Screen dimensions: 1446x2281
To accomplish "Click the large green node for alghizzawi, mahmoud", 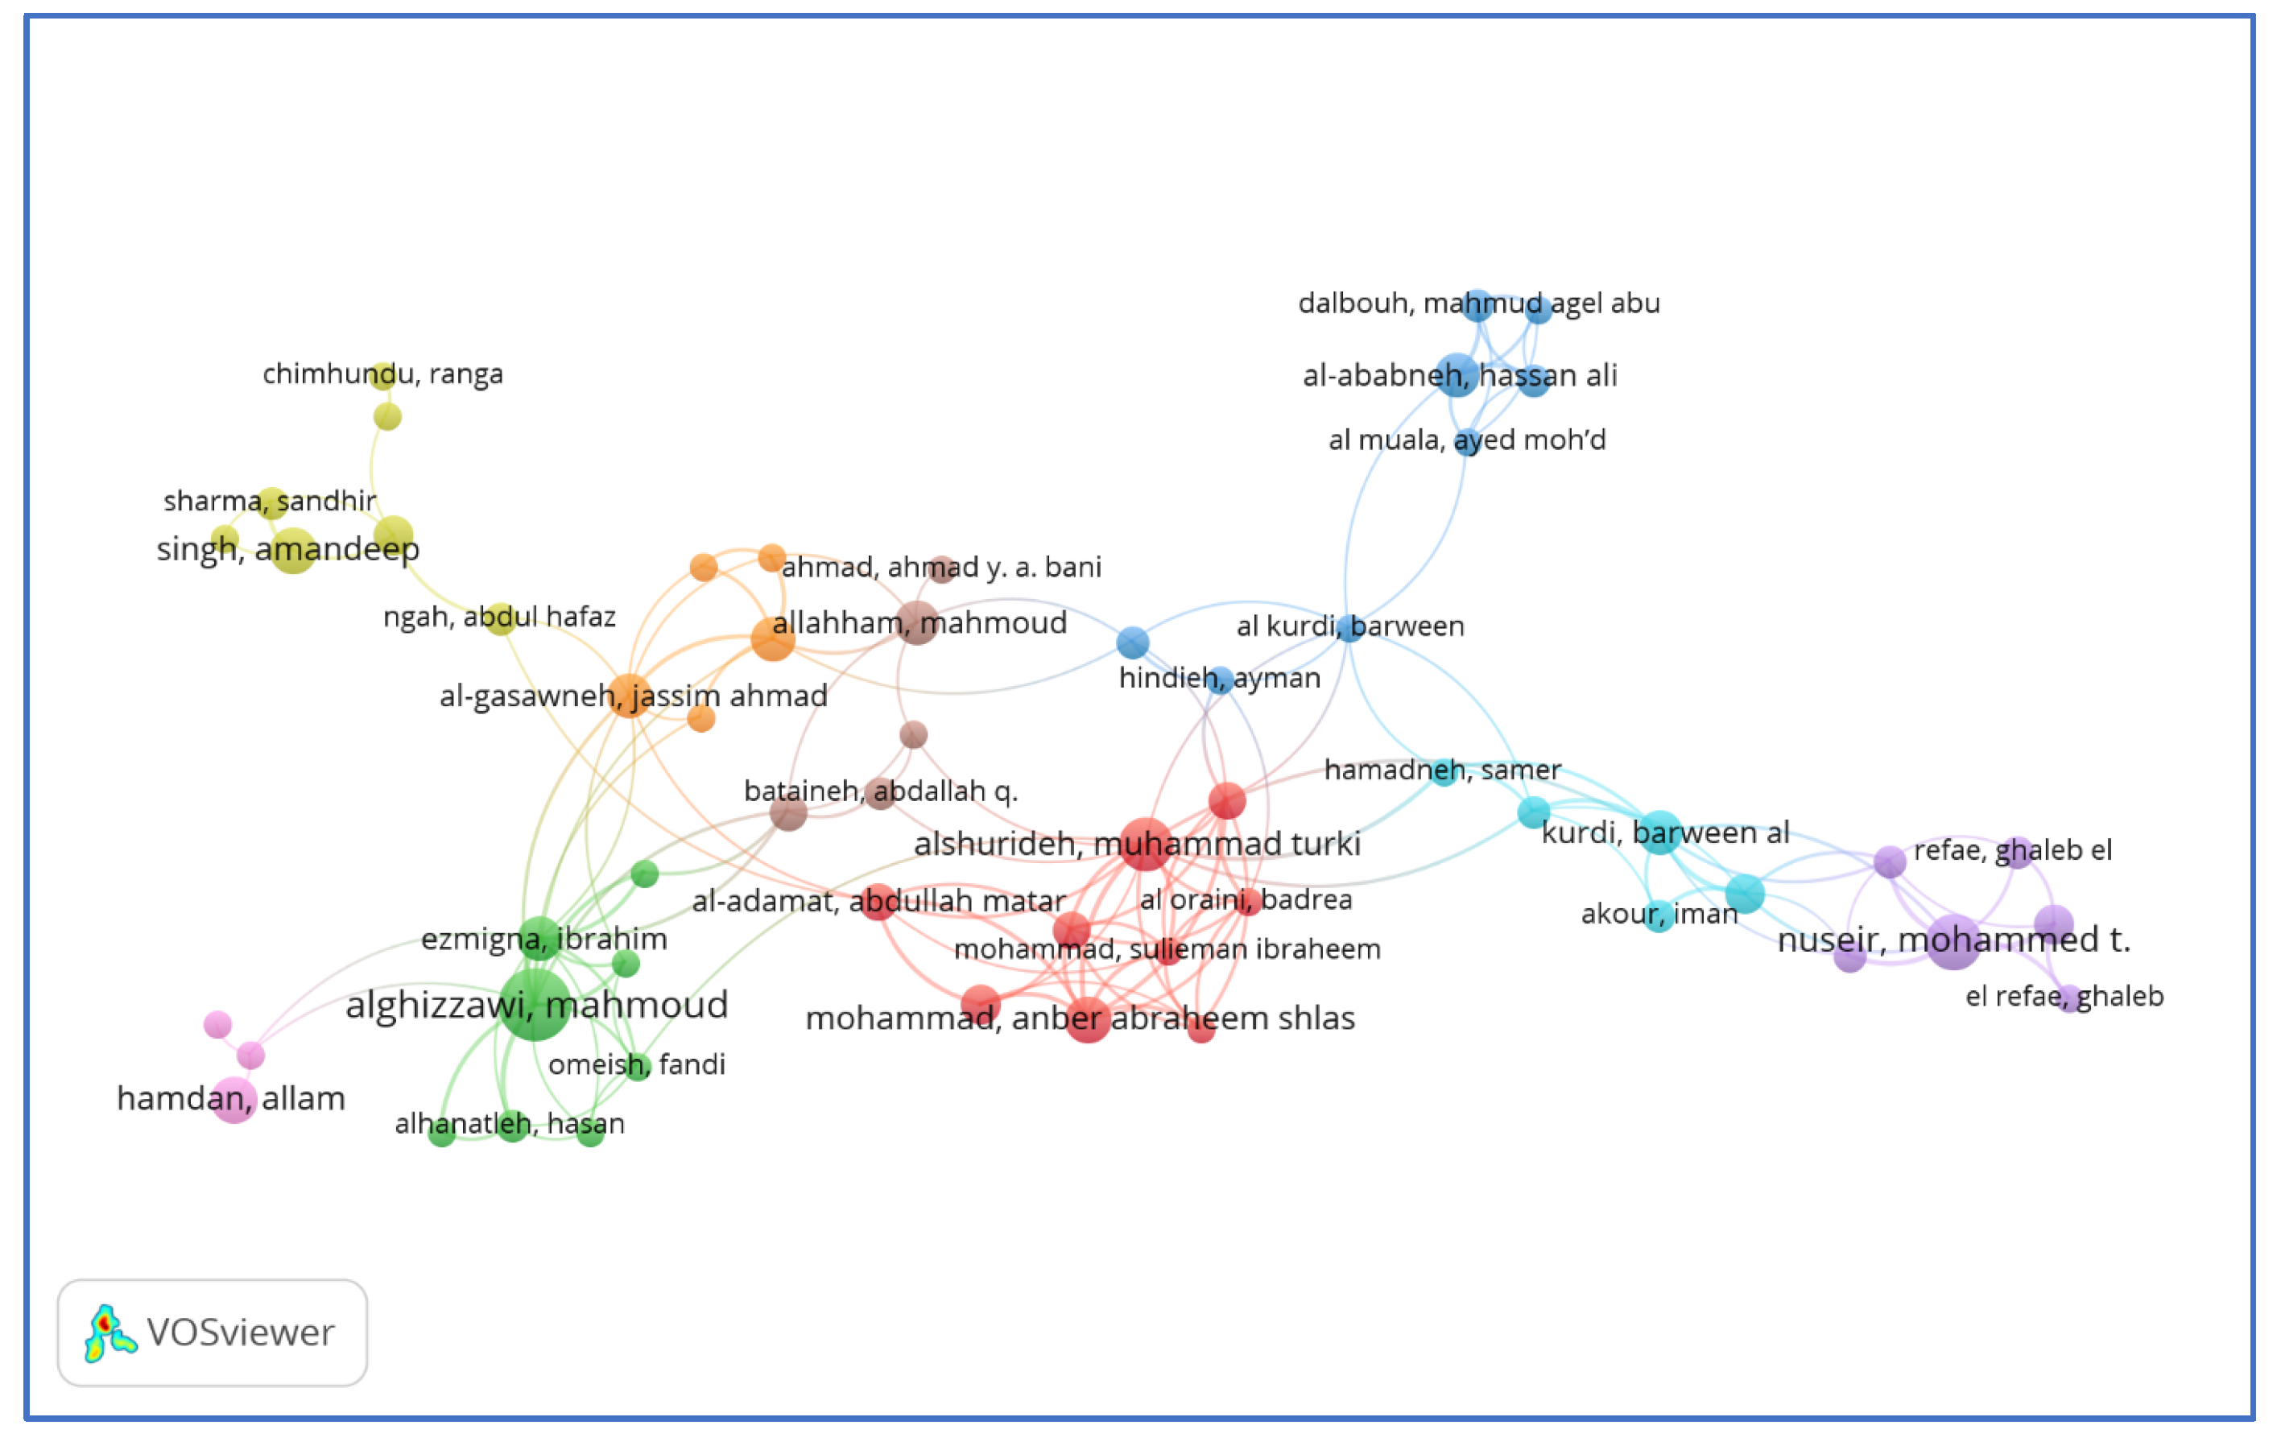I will (535, 1004).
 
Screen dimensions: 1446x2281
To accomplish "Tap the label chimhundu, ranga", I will (382, 374).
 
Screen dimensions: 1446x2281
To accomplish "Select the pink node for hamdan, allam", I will (233, 1100).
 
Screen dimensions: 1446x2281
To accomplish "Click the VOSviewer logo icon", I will (109, 1333).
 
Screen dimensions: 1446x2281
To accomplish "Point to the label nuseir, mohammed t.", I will (1953, 940).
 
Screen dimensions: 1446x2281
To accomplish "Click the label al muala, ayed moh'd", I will (1466, 440).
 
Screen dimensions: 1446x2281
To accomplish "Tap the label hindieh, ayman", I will (1219, 678).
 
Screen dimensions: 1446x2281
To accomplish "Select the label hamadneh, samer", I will (1442, 770).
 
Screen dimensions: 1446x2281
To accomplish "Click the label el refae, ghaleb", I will (2064, 996).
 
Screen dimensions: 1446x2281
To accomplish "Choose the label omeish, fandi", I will (637, 1064).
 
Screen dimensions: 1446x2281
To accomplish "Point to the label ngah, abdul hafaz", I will (499, 617).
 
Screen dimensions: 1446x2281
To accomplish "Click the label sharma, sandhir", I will (270, 500).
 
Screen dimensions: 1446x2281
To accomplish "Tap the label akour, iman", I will (1659, 914).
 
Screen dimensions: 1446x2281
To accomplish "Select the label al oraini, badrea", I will (1246, 899).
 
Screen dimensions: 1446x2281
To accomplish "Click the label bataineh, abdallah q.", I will (880, 791).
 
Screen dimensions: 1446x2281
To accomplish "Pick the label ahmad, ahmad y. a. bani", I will (940, 568).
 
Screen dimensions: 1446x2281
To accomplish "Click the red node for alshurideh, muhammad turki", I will (1145, 844).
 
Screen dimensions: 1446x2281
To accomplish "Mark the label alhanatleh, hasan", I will (510, 1124).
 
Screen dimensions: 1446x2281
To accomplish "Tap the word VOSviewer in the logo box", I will (241, 1333).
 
